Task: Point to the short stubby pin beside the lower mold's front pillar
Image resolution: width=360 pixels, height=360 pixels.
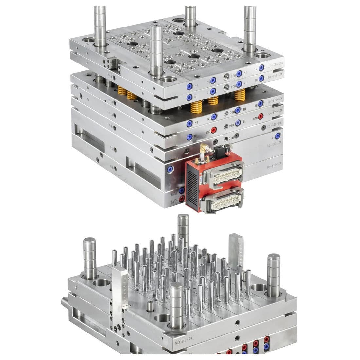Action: [x=150, y=306]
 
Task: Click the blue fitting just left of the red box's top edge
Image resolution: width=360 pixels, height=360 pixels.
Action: [x=170, y=169]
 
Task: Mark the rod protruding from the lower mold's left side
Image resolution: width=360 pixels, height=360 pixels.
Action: [x=64, y=301]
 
